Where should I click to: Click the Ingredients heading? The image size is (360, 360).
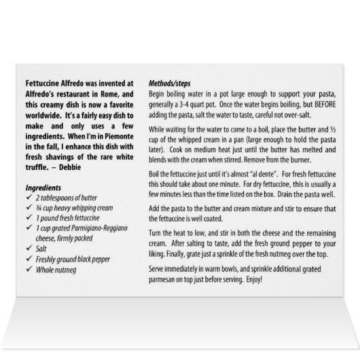click(44, 168)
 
